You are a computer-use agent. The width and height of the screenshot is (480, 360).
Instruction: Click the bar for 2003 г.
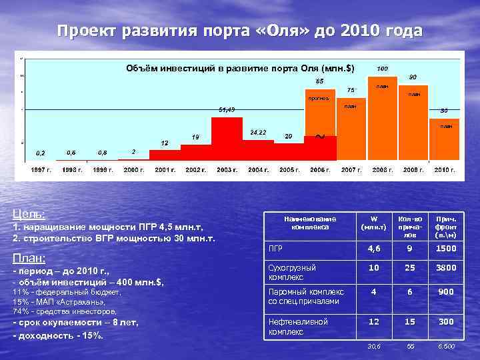[227, 136]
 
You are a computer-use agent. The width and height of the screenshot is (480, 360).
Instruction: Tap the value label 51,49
[227, 109]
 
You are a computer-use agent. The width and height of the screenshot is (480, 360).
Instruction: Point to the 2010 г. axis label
[444, 170]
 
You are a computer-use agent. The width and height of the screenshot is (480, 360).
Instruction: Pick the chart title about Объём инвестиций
[241, 68]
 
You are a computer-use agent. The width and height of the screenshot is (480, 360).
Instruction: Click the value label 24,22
[258, 132]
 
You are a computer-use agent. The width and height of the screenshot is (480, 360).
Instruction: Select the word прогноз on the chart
[318, 99]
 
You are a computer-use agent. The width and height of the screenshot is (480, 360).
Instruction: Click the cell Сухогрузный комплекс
[292, 271]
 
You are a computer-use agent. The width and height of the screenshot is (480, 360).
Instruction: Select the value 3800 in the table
[445, 267]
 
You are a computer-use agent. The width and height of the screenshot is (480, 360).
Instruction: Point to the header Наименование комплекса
[310, 223]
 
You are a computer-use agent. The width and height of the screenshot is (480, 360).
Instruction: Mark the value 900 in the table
[445, 291]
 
